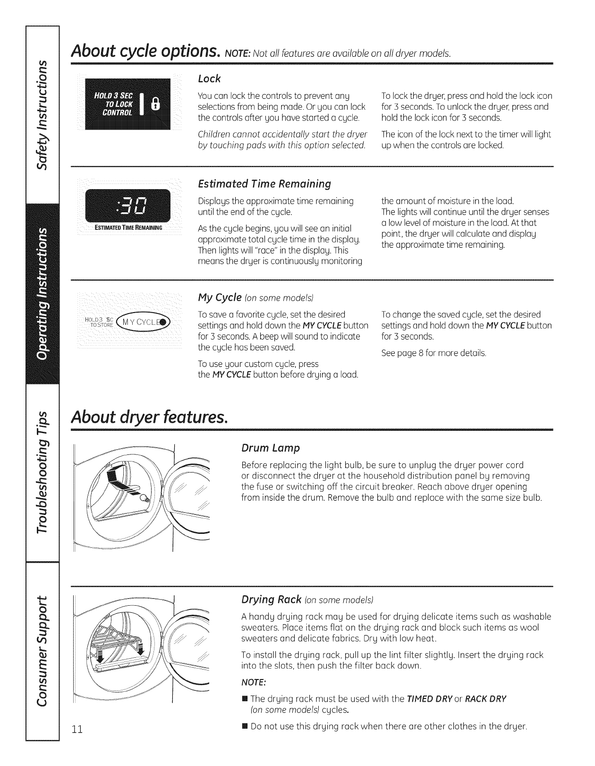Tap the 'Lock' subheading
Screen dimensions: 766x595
pyautogui.click(x=210, y=78)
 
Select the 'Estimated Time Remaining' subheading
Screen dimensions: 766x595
pyautogui.click(x=264, y=183)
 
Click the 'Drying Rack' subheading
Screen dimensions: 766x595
pyautogui.click(x=271, y=600)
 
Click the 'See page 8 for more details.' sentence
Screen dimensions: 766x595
pyautogui.click(x=433, y=353)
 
